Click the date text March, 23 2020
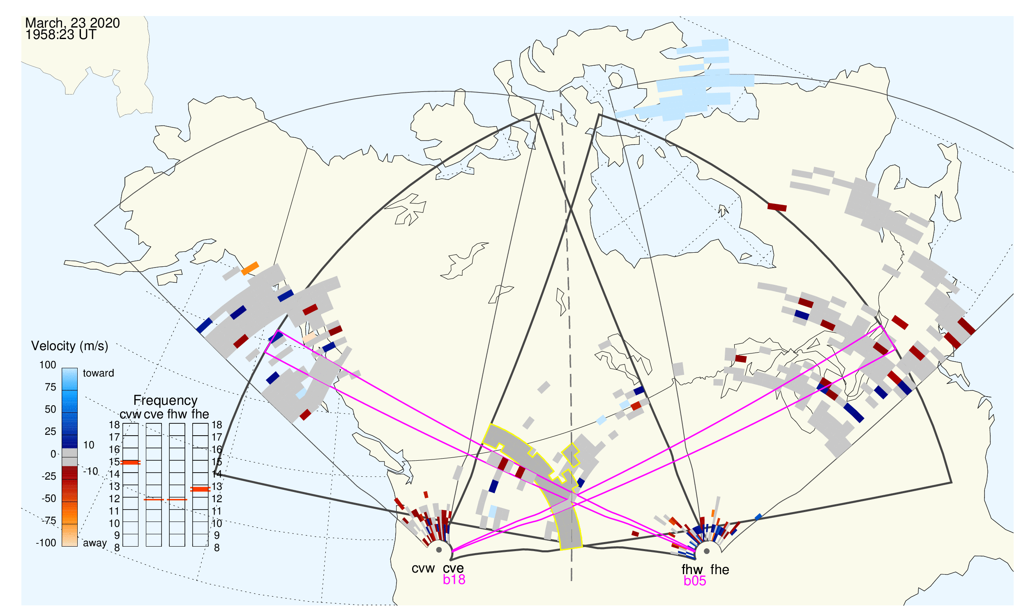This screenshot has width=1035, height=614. coord(72,23)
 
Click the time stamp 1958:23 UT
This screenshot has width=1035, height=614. coord(61,35)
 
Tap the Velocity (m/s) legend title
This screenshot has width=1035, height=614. coord(69,346)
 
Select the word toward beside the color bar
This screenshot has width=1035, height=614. coord(99,373)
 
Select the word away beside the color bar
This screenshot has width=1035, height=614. coord(95,543)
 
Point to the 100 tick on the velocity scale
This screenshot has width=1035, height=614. coord(48,365)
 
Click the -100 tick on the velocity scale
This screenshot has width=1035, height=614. coord(46,543)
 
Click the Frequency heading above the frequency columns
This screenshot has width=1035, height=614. coord(166,401)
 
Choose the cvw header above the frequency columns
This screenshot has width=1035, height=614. coord(130,414)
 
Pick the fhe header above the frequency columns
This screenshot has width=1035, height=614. coord(200,414)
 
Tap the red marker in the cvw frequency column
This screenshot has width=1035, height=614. coord(131,463)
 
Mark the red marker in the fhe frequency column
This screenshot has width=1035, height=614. coord(200,489)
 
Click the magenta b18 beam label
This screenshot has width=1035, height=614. coord(454,579)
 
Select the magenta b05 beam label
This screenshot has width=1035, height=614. coord(694,581)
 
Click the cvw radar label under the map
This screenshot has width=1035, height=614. coord(423,568)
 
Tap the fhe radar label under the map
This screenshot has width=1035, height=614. coord(719,570)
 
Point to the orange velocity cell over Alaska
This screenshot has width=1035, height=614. coord(250,268)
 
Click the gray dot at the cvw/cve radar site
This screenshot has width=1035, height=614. coord(439,550)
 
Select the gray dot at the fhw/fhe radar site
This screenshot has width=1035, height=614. coord(707,551)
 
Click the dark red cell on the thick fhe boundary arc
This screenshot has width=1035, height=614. coord(777,207)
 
